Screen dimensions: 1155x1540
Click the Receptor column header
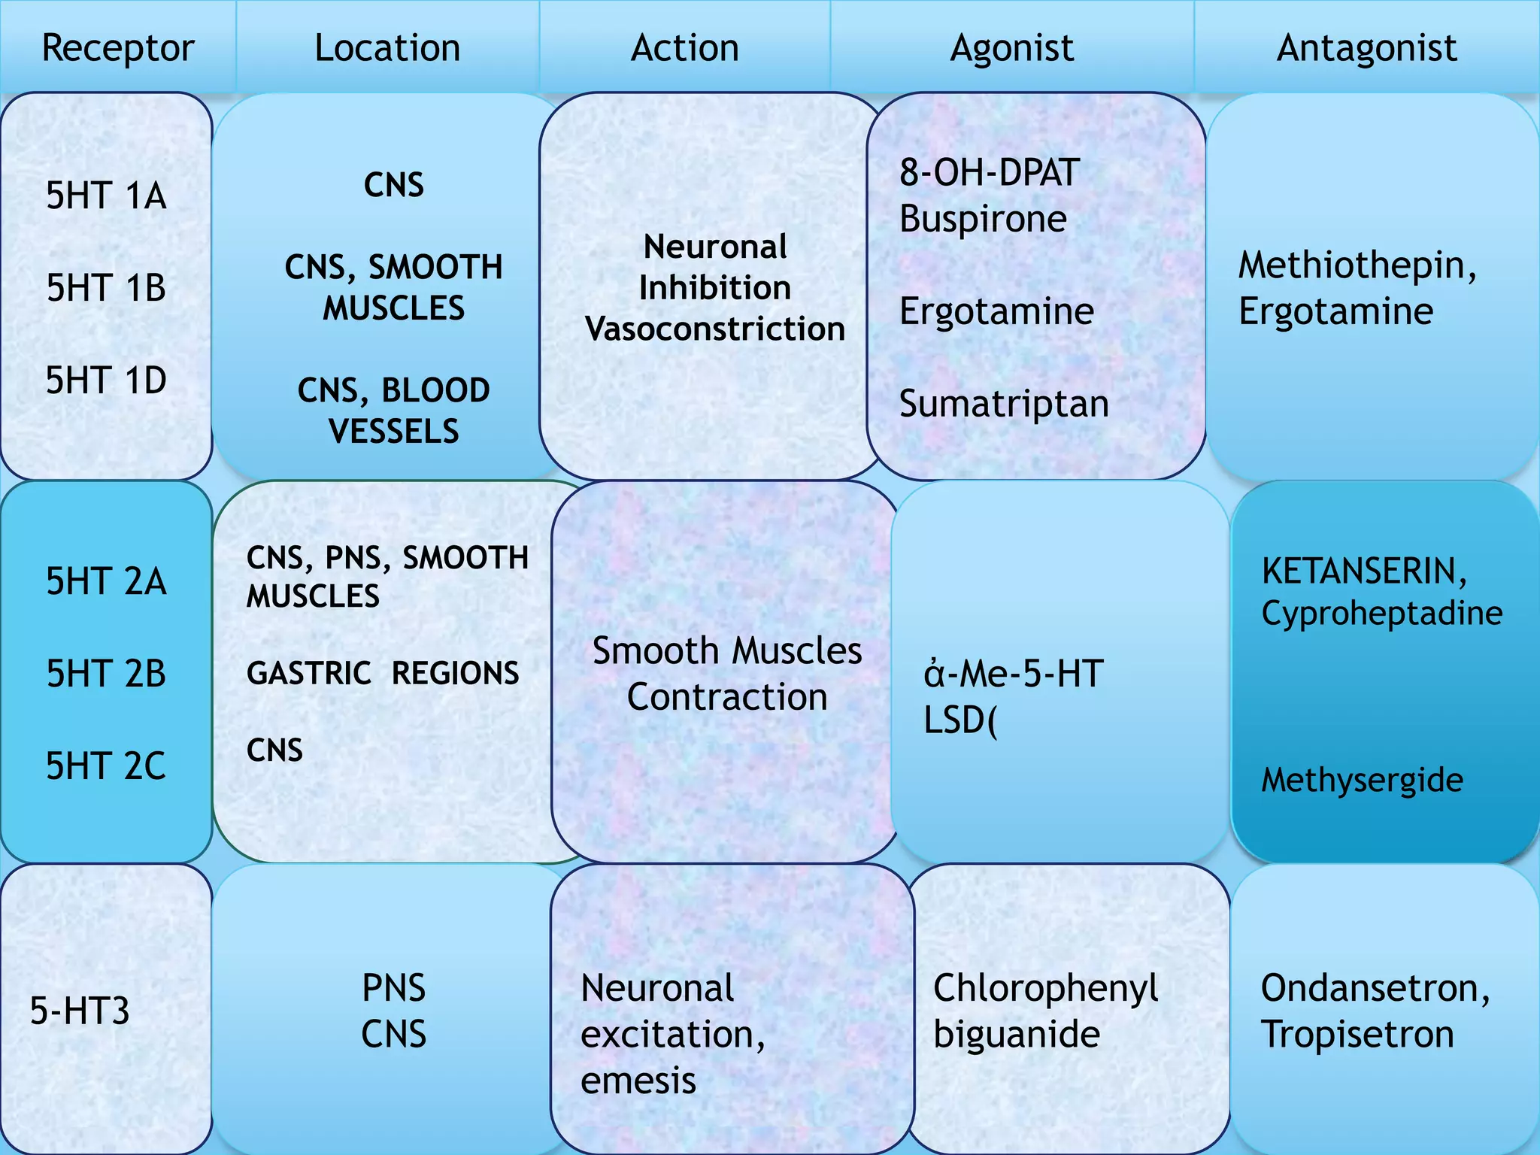(118, 48)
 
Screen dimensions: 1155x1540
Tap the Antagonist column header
(1366, 48)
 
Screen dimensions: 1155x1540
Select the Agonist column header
(1011, 48)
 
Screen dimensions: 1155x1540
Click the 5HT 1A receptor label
(106, 196)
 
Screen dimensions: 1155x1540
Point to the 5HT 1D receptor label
(106, 380)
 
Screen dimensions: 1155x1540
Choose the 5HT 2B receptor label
(106, 673)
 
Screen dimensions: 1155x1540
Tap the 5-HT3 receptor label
(80, 1010)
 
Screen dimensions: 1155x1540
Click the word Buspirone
(983, 219)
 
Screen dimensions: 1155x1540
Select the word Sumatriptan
(1004, 404)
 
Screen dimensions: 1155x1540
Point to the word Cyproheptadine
(1382, 613)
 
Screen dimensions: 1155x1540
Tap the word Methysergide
(1362, 780)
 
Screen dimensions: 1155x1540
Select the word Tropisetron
(1357, 1034)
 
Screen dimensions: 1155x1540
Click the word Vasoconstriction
(715, 329)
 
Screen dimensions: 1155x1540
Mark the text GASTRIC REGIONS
(383, 673)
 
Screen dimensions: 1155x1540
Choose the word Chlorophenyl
(1045, 987)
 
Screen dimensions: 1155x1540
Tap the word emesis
(638, 1081)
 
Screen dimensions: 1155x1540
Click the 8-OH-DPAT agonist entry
(990, 172)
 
